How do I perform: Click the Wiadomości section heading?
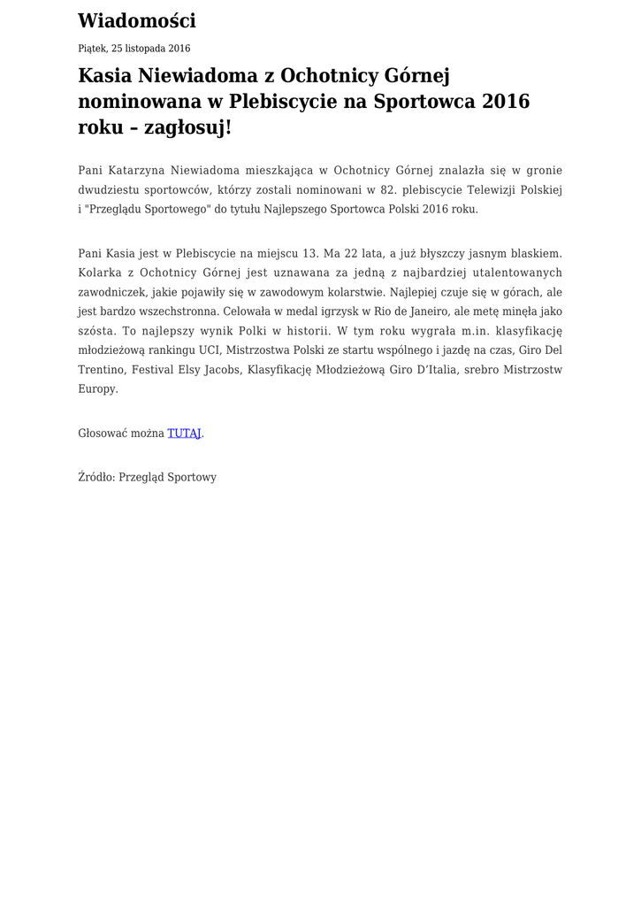point(137,20)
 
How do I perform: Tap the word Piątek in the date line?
point(92,49)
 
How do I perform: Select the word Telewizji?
point(493,189)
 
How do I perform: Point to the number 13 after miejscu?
point(309,253)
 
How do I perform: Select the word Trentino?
point(101,369)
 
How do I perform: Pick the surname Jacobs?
point(222,369)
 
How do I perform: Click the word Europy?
point(97,388)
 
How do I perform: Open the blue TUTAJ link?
point(185,434)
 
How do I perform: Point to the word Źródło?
point(95,477)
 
